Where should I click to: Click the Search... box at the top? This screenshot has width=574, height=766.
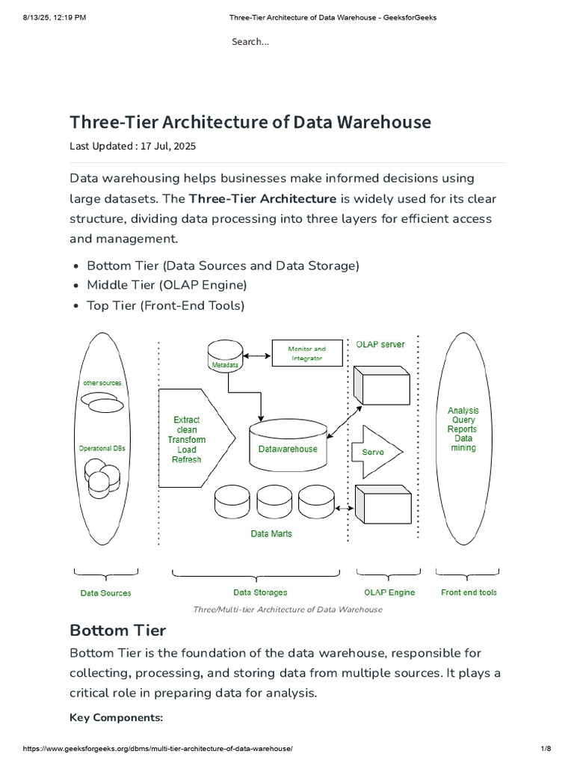pyautogui.click(x=250, y=42)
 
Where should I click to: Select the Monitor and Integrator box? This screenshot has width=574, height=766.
pyautogui.click(x=307, y=354)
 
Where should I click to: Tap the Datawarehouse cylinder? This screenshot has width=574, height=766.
pyautogui.click(x=287, y=447)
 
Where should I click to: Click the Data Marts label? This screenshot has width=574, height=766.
pyautogui.click(x=271, y=533)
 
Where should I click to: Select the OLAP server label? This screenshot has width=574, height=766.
pyautogui.click(x=380, y=344)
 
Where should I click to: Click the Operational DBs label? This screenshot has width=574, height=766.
pyautogui.click(x=102, y=448)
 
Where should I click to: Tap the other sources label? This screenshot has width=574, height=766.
pyautogui.click(x=102, y=383)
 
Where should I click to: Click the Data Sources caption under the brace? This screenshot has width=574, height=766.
pyautogui.click(x=105, y=593)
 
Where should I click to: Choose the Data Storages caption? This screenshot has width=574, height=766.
pyautogui.click(x=260, y=592)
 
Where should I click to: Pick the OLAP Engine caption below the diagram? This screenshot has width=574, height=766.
pyautogui.click(x=389, y=592)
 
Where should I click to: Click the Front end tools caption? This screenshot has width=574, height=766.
pyautogui.click(x=469, y=592)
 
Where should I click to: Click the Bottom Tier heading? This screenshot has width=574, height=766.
pyautogui.click(x=118, y=630)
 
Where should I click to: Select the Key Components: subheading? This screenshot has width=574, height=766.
pyautogui.click(x=116, y=717)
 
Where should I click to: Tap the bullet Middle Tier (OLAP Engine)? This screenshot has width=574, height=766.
pyautogui.click(x=167, y=285)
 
